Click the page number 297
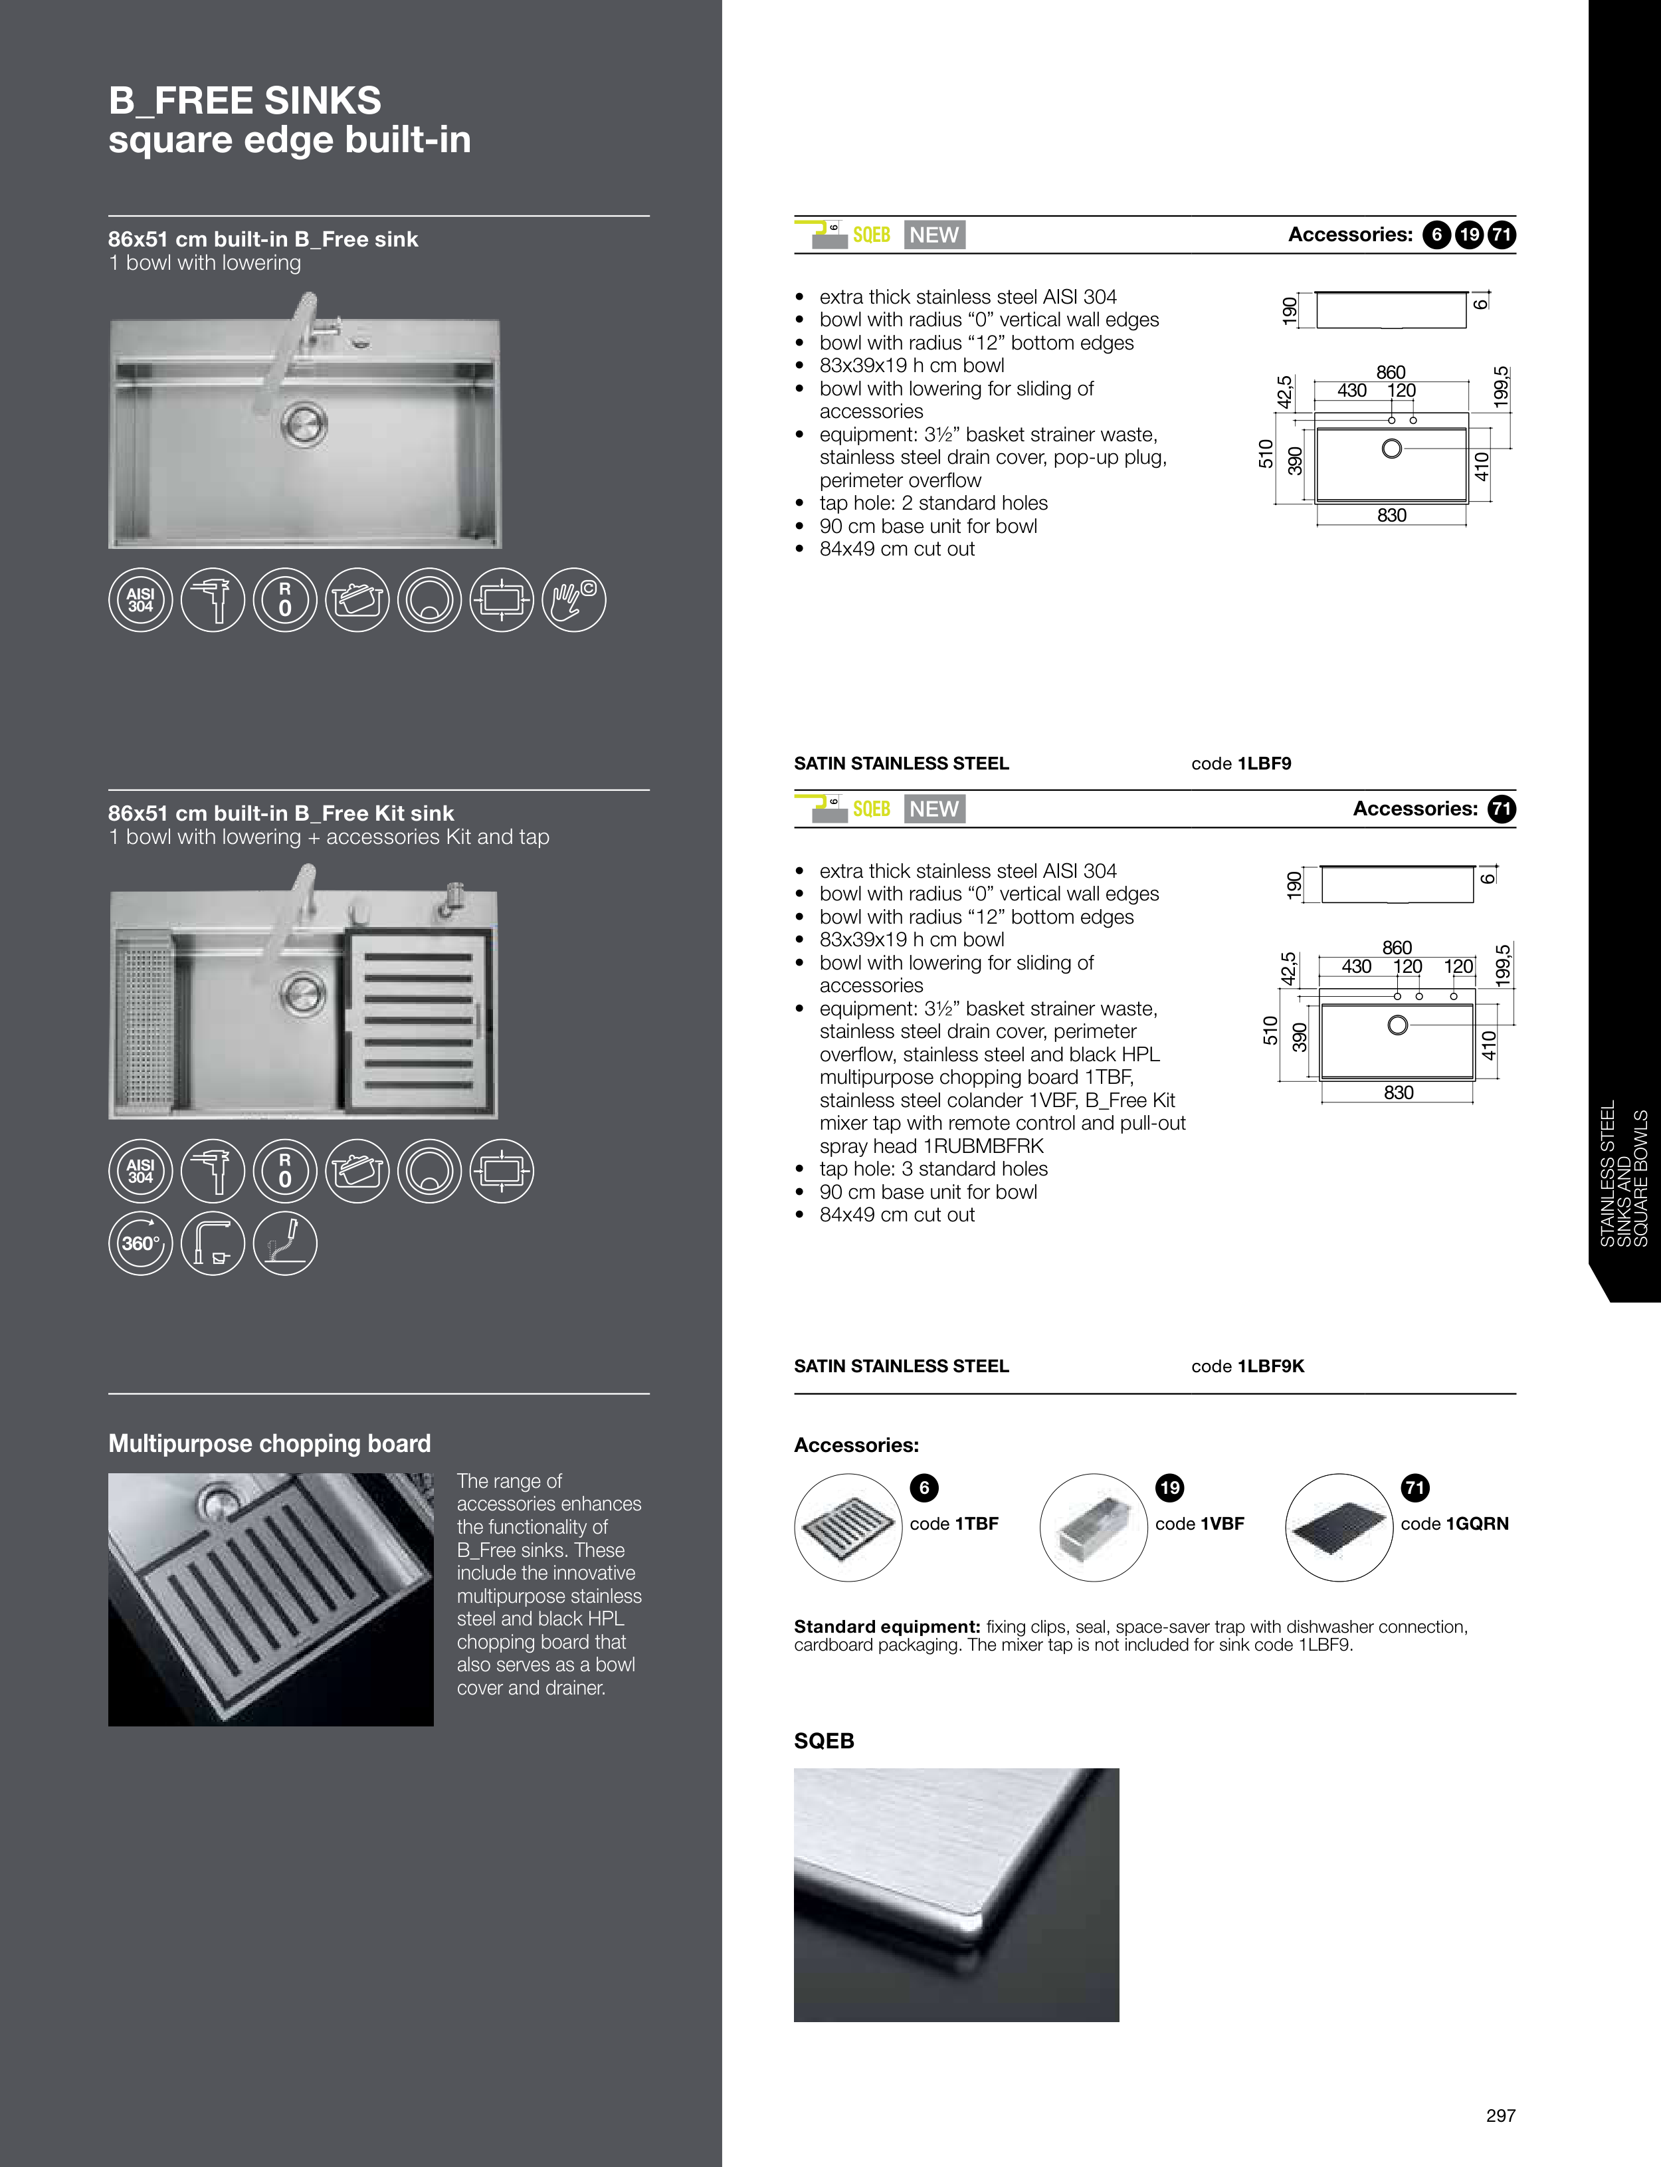coord(1500,2116)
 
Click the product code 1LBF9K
coord(1270,1366)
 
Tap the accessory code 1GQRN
coord(1476,1524)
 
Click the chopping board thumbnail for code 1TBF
coord(847,1527)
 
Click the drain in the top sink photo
coord(304,425)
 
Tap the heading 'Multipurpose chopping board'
coord(270,1443)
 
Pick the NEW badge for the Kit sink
coord(934,809)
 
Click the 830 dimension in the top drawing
coord(1391,515)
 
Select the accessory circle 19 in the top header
coord(1469,235)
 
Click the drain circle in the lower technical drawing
coord(1398,1025)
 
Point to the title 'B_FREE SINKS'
coord(245,100)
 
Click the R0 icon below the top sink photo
coord(285,600)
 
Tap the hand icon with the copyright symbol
coord(575,600)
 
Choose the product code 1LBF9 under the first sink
coord(1264,763)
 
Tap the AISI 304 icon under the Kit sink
coord(140,1170)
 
